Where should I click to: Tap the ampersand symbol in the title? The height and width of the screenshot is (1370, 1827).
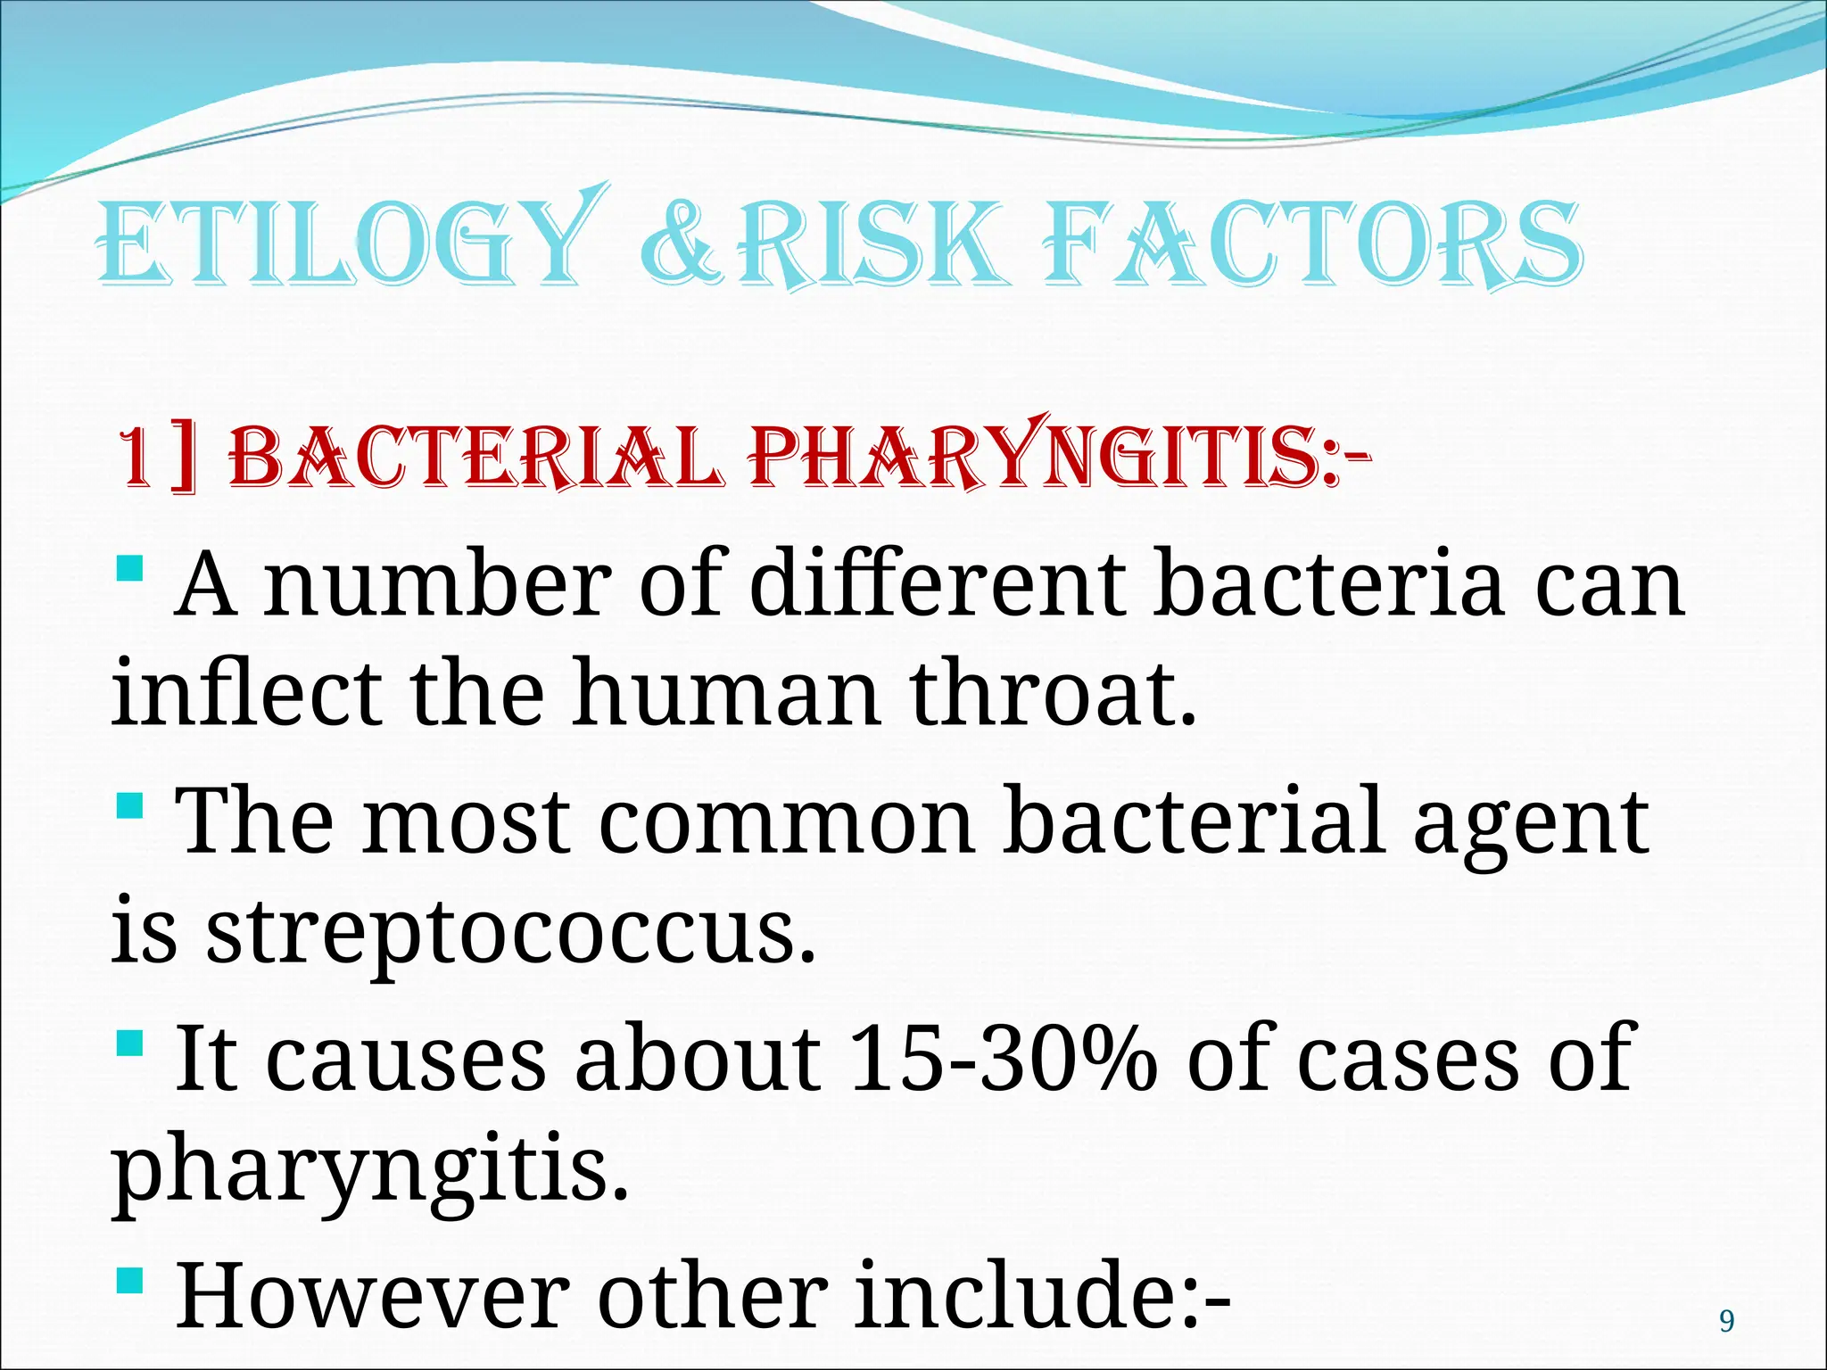pos(678,243)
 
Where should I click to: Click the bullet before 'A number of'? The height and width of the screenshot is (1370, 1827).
pos(129,567)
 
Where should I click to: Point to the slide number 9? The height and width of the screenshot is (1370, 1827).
pos(1726,1321)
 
